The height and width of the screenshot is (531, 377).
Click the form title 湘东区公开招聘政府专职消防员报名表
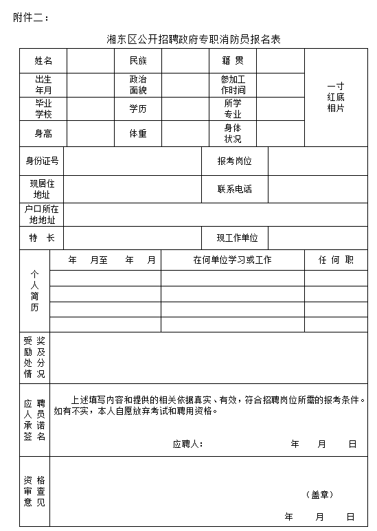pyautogui.click(x=194, y=39)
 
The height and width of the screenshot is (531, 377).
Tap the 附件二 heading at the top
pyautogui.click(x=31, y=17)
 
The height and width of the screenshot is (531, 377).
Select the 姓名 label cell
pyautogui.click(x=43, y=60)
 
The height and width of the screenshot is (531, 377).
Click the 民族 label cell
pyautogui.click(x=138, y=60)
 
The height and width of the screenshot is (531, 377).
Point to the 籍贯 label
pyautogui.click(x=233, y=60)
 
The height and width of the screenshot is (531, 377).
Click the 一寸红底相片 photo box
pyautogui.click(x=336, y=98)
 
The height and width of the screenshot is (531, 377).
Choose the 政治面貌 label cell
pyautogui.click(x=138, y=84)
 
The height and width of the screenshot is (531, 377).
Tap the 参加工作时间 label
pyautogui.click(x=233, y=84)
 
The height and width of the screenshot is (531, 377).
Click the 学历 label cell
pyautogui.click(x=138, y=109)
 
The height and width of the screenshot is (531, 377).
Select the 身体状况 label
pyautogui.click(x=233, y=133)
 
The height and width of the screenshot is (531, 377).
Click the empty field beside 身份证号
pyautogui.click(x=132, y=161)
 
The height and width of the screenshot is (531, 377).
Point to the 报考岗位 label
pyautogui.click(x=234, y=161)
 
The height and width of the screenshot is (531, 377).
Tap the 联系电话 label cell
pyautogui.click(x=234, y=189)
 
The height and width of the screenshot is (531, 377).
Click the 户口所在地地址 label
pyautogui.click(x=42, y=215)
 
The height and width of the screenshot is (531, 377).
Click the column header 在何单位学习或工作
pyautogui.click(x=232, y=260)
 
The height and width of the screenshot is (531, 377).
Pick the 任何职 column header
pyautogui.click(x=336, y=260)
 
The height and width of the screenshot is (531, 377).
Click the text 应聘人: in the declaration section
pyautogui.click(x=187, y=444)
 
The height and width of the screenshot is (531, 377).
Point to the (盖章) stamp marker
pyautogui.click(x=319, y=494)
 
